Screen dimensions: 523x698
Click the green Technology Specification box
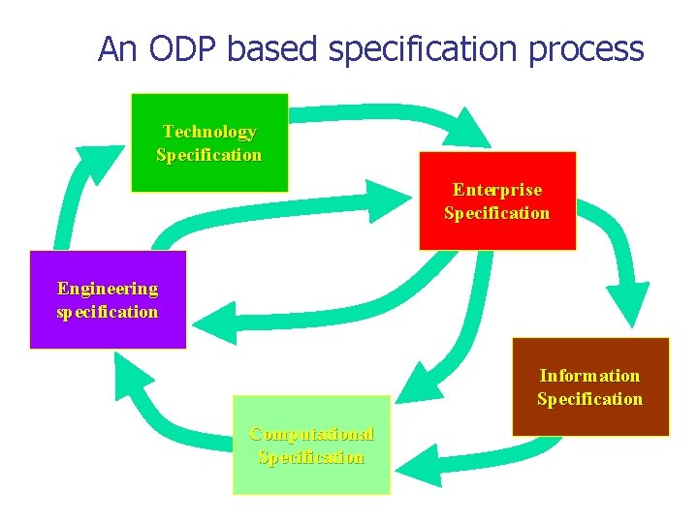click(x=209, y=142)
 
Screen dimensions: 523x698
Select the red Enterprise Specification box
click(x=496, y=200)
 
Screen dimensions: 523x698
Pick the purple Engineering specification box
click(x=107, y=299)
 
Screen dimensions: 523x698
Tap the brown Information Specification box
click(x=589, y=386)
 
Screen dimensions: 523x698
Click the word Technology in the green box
click(x=209, y=132)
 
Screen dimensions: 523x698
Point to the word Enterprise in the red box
click(x=497, y=190)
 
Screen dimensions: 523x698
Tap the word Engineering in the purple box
click(x=108, y=289)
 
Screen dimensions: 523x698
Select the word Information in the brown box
click(x=589, y=376)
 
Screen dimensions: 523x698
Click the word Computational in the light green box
click(x=311, y=434)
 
